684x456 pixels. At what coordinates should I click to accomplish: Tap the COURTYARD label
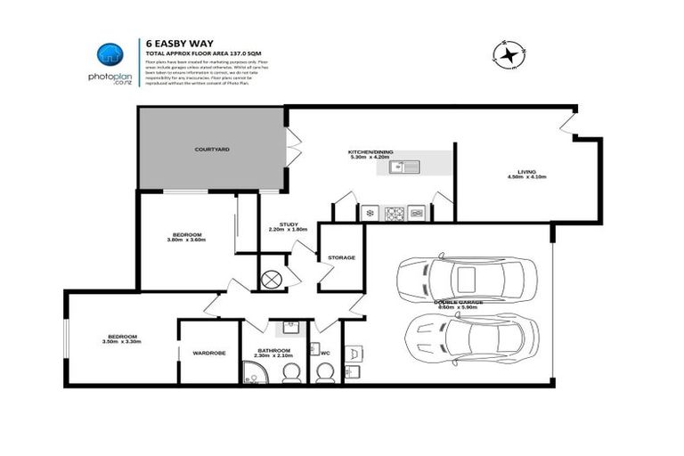coord(212,150)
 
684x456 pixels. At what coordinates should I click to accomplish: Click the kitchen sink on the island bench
coord(410,167)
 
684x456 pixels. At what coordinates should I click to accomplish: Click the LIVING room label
coord(525,171)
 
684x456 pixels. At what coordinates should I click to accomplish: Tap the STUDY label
coord(288,224)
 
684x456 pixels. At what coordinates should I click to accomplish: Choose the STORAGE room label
coord(341,257)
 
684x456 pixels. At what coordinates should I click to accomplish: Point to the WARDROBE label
coord(209,353)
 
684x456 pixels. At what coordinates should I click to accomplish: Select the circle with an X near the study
coord(272,278)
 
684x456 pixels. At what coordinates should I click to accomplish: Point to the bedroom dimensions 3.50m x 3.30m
coord(119,342)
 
